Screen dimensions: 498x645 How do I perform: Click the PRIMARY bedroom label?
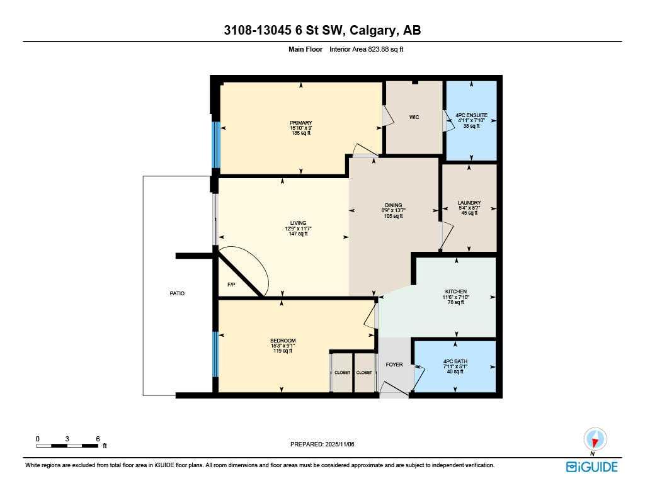(x=301, y=123)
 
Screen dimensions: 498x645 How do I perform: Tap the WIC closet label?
(x=414, y=117)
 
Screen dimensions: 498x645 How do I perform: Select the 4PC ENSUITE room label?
(x=471, y=115)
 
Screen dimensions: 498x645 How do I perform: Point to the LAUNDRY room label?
(x=469, y=203)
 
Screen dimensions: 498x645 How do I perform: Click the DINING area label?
(x=393, y=205)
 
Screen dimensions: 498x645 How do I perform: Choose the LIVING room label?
(x=298, y=223)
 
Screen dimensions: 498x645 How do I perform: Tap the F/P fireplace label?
(x=232, y=285)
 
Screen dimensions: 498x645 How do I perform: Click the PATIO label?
(x=177, y=293)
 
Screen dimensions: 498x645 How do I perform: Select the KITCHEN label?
(x=454, y=291)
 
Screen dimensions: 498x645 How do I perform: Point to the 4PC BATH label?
(x=455, y=361)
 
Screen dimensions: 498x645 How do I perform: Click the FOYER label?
(x=394, y=365)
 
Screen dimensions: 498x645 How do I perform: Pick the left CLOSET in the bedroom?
(x=342, y=373)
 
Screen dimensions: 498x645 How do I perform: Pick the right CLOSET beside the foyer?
(x=364, y=373)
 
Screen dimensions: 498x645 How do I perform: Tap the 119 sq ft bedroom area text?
(x=282, y=351)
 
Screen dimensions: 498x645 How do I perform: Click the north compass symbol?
(x=595, y=439)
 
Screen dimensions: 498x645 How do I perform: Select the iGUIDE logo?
(x=591, y=467)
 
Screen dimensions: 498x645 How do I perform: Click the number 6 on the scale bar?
(x=98, y=438)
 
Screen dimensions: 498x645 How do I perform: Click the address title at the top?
(x=322, y=31)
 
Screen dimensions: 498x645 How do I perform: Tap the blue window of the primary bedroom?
(x=216, y=144)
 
